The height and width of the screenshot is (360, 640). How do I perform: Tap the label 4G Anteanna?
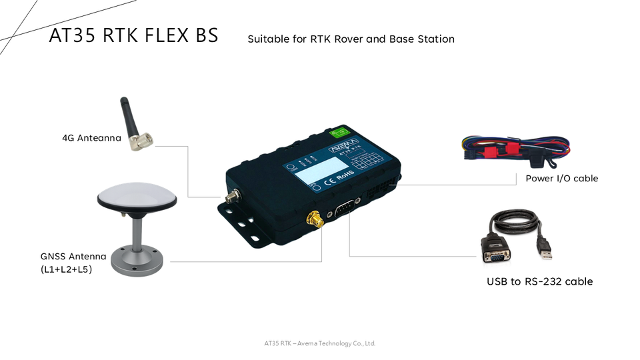pyautogui.click(x=91, y=138)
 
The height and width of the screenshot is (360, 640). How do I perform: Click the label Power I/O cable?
pyautogui.click(x=561, y=178)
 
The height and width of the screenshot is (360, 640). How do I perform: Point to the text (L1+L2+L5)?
pyautogui.click(x=66, y=269)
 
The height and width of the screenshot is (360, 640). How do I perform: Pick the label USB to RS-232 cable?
pyautogui.click(x=539, y=281)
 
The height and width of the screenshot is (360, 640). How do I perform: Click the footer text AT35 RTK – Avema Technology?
pyautogui.click(x=319, y=343)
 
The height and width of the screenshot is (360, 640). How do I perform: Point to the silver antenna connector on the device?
pyautogui.click(x=233, y=197)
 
